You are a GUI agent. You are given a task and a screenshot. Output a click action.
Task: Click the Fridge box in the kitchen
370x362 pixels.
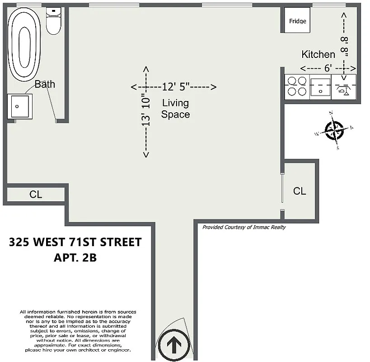pos(297,21)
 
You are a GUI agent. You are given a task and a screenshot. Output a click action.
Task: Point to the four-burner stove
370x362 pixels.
pos(296,86)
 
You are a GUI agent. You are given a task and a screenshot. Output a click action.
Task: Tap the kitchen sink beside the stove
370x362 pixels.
pos(320,86)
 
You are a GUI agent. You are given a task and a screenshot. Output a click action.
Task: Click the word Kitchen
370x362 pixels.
pos(318,55)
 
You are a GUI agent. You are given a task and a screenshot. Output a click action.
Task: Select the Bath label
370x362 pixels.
pos(45,84)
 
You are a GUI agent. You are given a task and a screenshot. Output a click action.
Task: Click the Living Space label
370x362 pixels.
pos(175,109)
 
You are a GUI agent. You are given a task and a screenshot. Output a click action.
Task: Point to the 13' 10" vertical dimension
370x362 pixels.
pos(145,110)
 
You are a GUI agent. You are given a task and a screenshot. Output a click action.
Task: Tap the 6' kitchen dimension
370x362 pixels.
pos(328,68)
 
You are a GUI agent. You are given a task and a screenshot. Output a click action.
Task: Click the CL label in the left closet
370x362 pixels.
pos(36,195)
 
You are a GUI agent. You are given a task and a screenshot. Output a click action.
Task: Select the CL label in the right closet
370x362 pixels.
pos(299,191)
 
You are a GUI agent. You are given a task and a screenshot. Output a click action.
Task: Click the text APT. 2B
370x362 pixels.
pos(75,258)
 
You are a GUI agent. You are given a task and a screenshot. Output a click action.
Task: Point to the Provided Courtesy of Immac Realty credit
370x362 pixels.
pos(244,228)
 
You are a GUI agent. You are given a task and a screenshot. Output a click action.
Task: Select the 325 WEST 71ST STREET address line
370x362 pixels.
pos(75,243)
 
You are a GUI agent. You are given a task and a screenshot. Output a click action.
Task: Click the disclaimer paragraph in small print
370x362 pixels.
pos(75,331)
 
